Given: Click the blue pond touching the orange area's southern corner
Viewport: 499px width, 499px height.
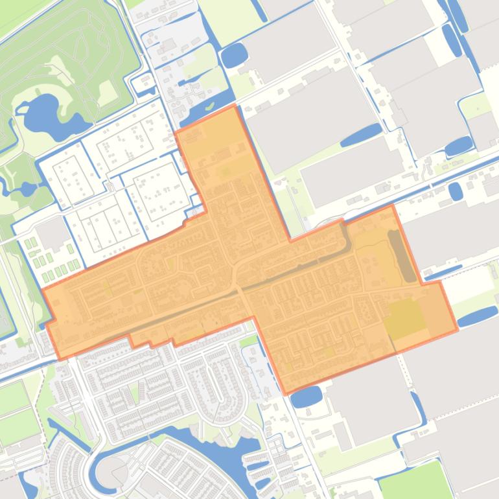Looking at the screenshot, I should pyautogui.click(x=306, y=396).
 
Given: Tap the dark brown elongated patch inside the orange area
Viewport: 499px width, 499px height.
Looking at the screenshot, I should pyautogui.click(x=402, y=256).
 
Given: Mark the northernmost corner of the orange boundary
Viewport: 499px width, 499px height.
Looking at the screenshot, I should pyautogui.click(x=234, y=106).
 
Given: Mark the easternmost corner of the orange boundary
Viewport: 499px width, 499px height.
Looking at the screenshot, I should pyautogui.click(x=458, y=330).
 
